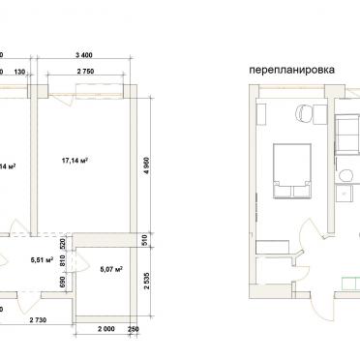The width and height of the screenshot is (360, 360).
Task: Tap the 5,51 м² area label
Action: (43, 259)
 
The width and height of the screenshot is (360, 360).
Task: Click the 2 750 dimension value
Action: (93, 72)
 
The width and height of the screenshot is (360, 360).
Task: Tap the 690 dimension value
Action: (63, 283)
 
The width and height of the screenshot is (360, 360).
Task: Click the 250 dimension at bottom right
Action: (133, 332)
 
